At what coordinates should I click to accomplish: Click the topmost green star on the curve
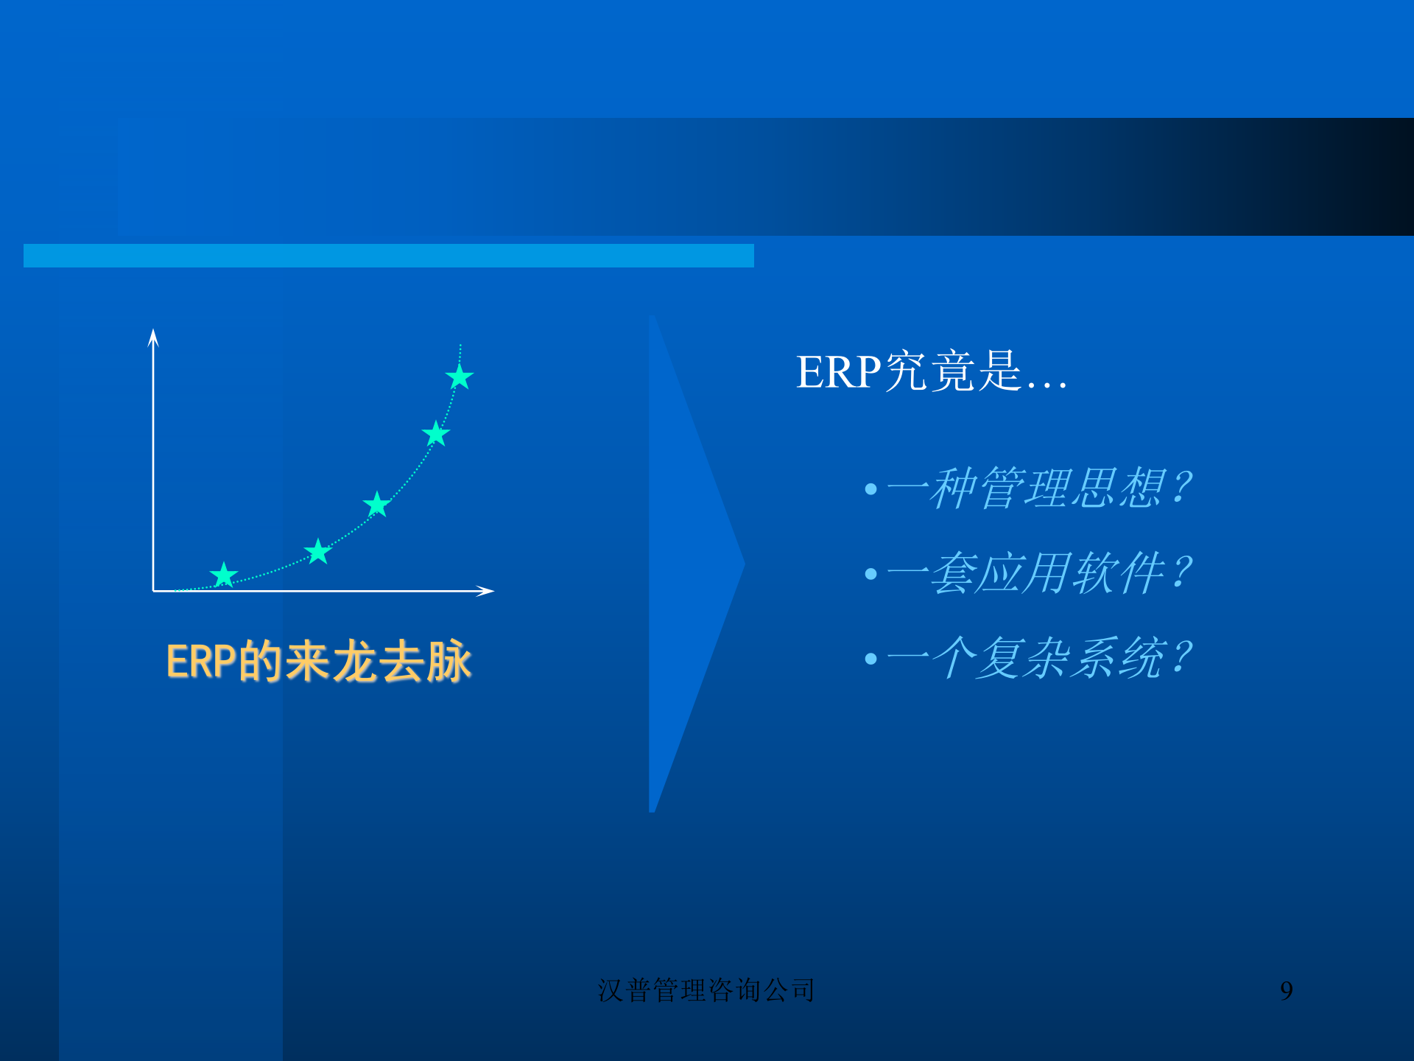[x=460, y=377]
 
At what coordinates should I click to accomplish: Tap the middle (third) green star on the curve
[x=377, y=505]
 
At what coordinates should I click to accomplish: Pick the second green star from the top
[x=436, y=434]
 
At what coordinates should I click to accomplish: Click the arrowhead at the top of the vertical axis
[x=153, y=337]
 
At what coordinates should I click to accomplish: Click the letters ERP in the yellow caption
[x=201, y=661]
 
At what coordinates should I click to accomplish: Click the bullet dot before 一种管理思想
[x=871, y=489]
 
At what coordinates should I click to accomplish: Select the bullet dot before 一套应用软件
[x=871, y=574]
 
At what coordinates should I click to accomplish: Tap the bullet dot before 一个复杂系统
[x=871, y=659]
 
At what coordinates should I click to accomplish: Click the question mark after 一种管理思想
[x=1181, y=488]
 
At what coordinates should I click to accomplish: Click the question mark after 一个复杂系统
[x=1181, y=657]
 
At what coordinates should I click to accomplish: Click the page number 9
[x=1287, y=991]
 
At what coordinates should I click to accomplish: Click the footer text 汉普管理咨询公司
[x=706, y=990]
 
